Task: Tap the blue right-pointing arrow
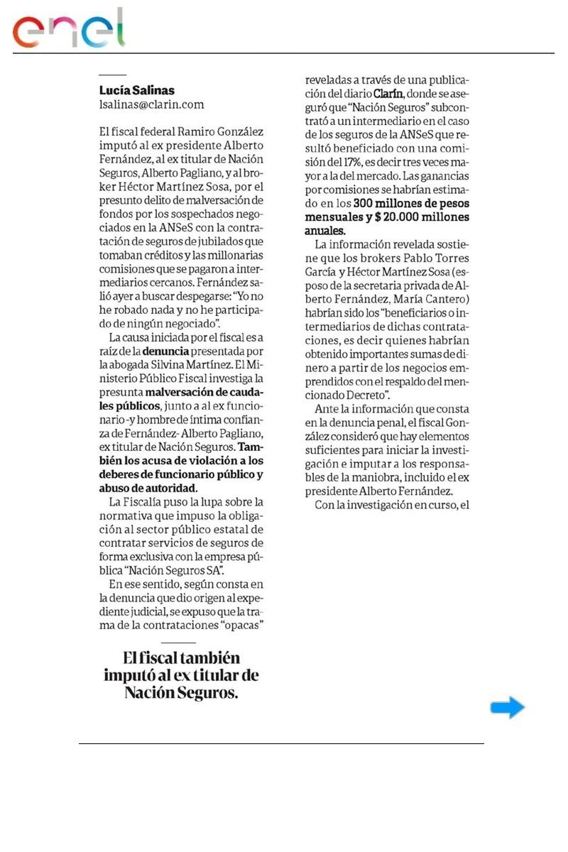coord(507,707)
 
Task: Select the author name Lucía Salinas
coord(136,91)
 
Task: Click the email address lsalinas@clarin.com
coord(151,104)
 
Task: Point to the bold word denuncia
coord(165,351)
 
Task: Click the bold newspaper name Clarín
coord(389,94)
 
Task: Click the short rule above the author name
coord(112,75)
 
